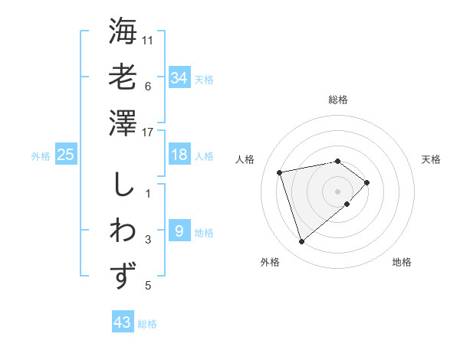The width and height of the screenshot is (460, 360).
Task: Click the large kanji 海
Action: pos(123,31)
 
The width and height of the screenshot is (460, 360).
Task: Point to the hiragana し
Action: pos(123,185)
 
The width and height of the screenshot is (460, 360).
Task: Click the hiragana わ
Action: pos(123,230)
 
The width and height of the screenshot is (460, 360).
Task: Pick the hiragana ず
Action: pos(123,275)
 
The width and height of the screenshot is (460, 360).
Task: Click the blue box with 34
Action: pos(179,77)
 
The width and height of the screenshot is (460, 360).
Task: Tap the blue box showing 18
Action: pos(179,155)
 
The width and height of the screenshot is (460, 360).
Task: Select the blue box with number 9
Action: pos(179,231)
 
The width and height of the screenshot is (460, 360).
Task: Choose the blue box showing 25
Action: pos(65,155)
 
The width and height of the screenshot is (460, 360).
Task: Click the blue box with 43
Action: pos(123,322)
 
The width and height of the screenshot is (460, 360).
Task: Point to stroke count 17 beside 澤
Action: pos(149,133)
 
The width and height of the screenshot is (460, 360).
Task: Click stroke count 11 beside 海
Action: pos(149,39)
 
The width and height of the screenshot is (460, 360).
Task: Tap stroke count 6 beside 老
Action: pos(148,86)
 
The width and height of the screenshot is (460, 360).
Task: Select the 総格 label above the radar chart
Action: pos(337,100)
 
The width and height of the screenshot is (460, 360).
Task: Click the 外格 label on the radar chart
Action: pos(270,262)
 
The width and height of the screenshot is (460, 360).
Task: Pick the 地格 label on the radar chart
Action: pos(402,262)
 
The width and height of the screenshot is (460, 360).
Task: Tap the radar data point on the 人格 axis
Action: pos(280,172)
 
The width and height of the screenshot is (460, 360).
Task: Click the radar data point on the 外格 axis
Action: pos(301,242)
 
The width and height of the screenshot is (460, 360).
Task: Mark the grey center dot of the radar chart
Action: pos(337,190)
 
